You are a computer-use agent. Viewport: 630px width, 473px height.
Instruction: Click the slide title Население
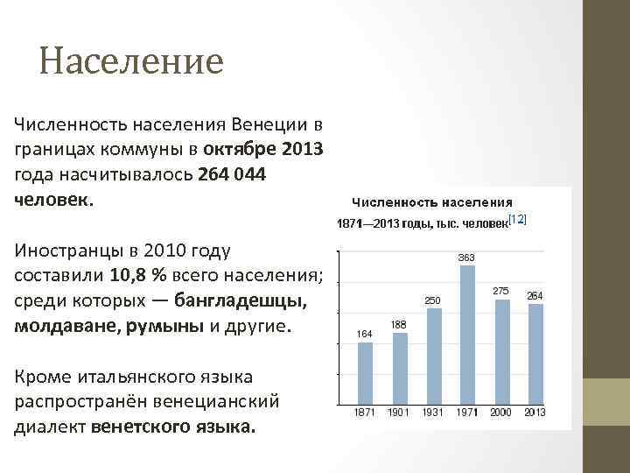(x=131, y=61)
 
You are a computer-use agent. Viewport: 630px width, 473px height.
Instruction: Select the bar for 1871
(x=365, y=372)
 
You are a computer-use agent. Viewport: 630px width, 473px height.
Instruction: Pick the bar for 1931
(x=433, y=356)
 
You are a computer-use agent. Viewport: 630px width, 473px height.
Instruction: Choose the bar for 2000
(x=501, y=351)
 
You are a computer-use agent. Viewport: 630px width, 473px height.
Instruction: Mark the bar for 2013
(x=535, y=354)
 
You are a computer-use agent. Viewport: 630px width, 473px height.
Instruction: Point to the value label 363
(x=467, y=258)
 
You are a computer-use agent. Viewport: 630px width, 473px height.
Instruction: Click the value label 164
(x=365, y=333)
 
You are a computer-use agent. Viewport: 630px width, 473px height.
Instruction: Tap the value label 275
(x=501, y=290)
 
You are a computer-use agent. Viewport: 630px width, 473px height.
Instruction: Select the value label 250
(x=433, y=300)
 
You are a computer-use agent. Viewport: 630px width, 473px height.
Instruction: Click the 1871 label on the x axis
(x=365, y=413)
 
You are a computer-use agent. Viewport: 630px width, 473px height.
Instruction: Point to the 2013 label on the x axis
(x=535, y=413)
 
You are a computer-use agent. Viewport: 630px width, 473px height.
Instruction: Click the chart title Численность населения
(x=432, y=202)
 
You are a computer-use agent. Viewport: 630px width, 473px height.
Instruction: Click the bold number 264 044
(x=232, y=175)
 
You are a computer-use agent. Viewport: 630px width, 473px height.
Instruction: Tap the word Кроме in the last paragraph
(x=40, y=378)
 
